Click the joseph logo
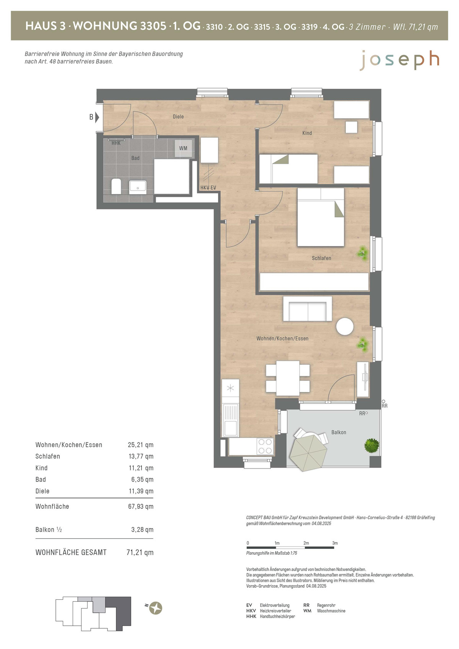click(x=400, y=60)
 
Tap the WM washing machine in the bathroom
click(x=183, y=148)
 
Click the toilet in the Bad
click(x=116, y=186)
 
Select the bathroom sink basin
click(x=138, y=187)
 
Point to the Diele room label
click(x=178, y=117)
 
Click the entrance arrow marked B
click(x=98, y=117)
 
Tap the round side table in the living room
click(x=345, y=327)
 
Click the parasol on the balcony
click(x=308, y=451)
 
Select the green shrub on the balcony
click(x=371, y=445)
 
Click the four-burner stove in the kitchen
click(x=265, y=446)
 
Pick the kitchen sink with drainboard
click(x=230, y=420)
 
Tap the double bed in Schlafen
click(x=321, y=217)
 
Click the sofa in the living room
click(x=308, y=309)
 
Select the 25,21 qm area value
click(x=140, y=445)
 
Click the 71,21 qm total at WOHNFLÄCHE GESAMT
click(x=140, y=552)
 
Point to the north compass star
click(x=156, y=608)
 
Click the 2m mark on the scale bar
click(x=306, y=543)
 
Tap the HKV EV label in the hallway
click(x=208, y=188)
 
